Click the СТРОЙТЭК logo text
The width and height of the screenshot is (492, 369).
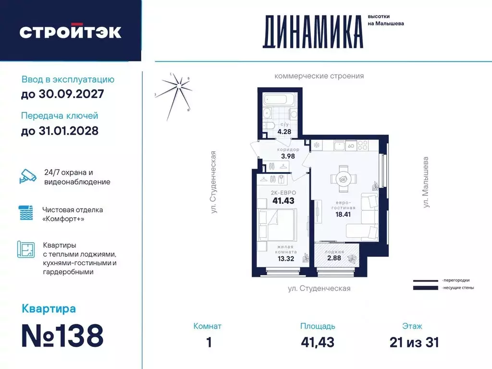(x=70, y=32)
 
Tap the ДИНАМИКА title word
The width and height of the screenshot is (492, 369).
(x=312, y=32)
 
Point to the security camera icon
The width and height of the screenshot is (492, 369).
(x=28, y=176)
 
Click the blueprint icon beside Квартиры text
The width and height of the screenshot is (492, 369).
(x=26, y=250)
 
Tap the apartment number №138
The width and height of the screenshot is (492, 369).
(x=63, y=335)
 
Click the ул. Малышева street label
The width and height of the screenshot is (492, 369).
(x=426, y=183)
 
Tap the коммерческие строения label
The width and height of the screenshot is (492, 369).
(x=319, y=76)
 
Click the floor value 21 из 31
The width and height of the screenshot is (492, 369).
(x=414, y=342)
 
